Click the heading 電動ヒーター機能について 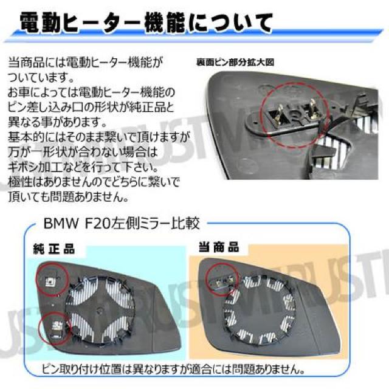tap(146, 24)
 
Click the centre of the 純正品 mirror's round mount tap(100, 310)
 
